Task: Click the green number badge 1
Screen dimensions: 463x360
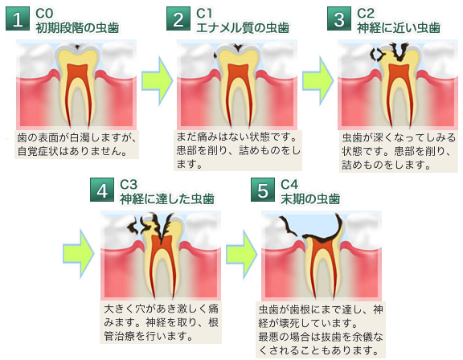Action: (x=18, y=18)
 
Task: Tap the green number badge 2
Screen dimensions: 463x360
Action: (x=178, y=18)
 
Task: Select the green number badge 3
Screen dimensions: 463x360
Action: (x=339, y=18)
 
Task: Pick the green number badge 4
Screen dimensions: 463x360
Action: (x=102, y=190)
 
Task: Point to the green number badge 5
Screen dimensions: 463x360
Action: (x=263, y=190)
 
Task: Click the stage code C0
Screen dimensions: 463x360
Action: (x=44, y=14)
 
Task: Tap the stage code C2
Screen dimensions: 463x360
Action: (x=366, y=14)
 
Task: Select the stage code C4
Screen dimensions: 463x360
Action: (x=289, y=185)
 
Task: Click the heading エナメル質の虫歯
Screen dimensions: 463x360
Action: (x=243, y=28)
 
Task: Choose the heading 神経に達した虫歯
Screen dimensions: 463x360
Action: (x=167, y=199)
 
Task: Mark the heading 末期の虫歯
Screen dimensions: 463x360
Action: (x=310, y=199)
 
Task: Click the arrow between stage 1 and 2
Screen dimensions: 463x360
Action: (x=157, y=81)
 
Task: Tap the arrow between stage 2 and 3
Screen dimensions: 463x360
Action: (x=318, y=81)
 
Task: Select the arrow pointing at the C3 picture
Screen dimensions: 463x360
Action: (x=79, y=254)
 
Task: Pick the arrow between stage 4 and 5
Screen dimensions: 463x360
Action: (x=242, y=254)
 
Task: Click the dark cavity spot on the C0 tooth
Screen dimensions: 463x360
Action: (x=77, y=47)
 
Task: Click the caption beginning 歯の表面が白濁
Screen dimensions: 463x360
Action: (x=77, y=145)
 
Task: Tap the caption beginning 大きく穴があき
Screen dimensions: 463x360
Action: (x=161, y=322)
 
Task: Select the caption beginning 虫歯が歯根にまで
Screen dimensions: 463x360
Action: (x=321, y=329)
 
